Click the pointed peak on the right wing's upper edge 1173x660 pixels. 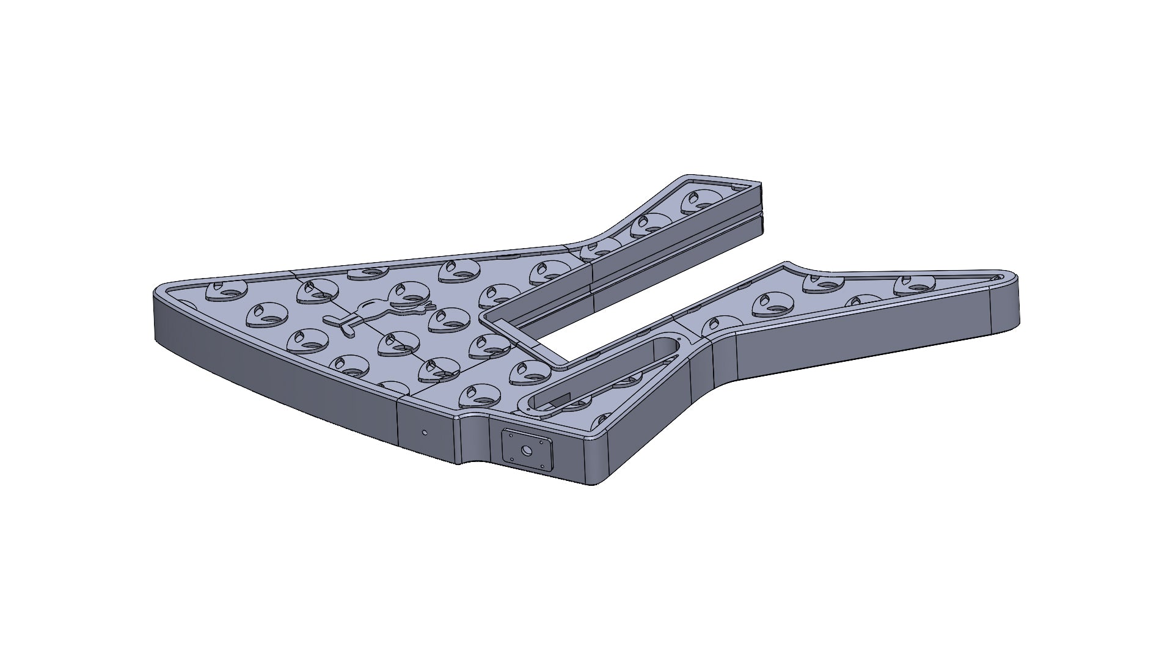point(786,264)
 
